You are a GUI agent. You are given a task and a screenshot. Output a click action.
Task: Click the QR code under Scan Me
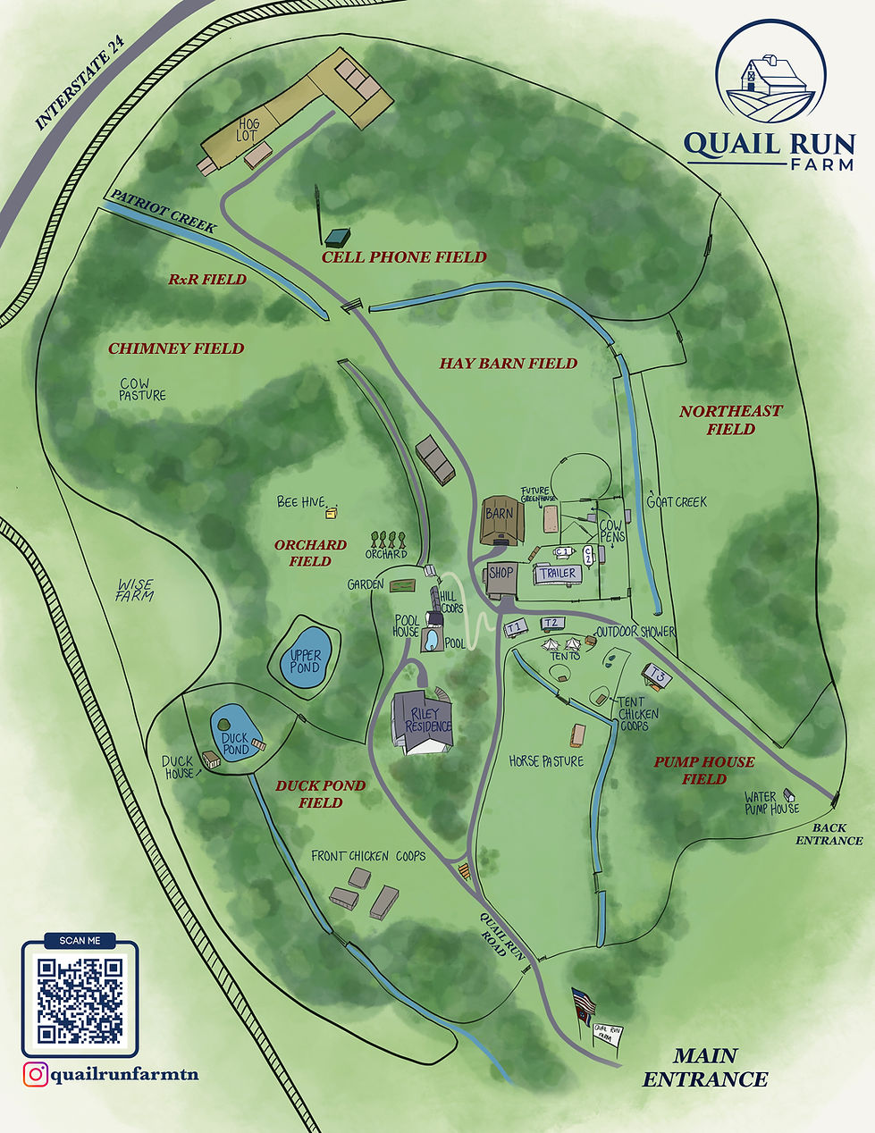[x=80, y=1000]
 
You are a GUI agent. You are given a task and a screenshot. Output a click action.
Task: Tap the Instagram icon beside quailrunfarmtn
[x=35, y=1074]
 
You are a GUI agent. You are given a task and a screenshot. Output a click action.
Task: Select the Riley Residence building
[x=424, y=720]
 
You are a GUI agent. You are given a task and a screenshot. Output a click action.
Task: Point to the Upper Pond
[x=305, y=661]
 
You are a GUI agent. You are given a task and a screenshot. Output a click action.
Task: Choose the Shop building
[x=501, y=579]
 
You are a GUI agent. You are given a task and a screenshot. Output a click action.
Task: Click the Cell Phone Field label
[x=391, y=256]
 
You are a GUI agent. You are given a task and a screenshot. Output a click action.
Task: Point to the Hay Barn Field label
[x=508, y=364]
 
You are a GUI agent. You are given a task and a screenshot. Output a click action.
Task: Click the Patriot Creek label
[x=163, y=211]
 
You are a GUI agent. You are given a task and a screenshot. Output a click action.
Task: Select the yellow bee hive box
[x=332, y=512]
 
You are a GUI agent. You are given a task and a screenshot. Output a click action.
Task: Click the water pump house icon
[x=789, y=794]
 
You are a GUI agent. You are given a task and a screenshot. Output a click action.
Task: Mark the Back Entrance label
[x=829, y=835]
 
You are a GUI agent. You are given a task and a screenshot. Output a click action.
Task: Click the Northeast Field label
[x=730, y=420]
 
